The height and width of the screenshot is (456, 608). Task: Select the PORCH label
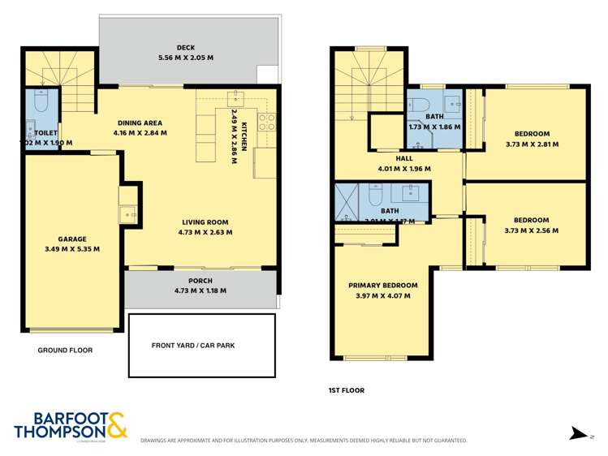point(200,281)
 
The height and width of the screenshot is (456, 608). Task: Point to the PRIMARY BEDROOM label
point(382,286)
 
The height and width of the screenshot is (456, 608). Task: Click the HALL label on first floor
point(403,159)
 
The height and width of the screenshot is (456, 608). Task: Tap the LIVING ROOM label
point(204,222)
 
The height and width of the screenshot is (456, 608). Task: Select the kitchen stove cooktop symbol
point(266,123)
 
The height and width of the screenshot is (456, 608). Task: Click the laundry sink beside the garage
point(127,214)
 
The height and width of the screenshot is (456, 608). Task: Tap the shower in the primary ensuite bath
point(347,200)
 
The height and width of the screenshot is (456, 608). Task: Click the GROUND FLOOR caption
point(65,351)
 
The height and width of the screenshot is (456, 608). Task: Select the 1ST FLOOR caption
point(346,390)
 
